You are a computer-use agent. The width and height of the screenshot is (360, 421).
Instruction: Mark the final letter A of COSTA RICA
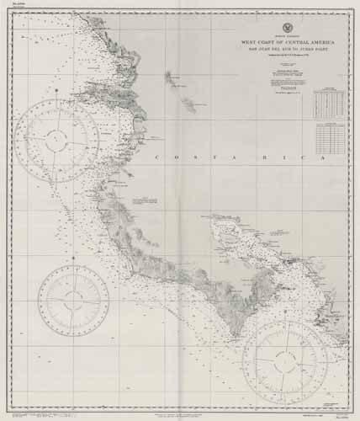[326, 158]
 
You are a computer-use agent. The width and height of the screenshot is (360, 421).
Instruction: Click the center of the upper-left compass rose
[57, 141]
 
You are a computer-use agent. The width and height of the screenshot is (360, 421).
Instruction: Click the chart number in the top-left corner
[19, 7]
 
